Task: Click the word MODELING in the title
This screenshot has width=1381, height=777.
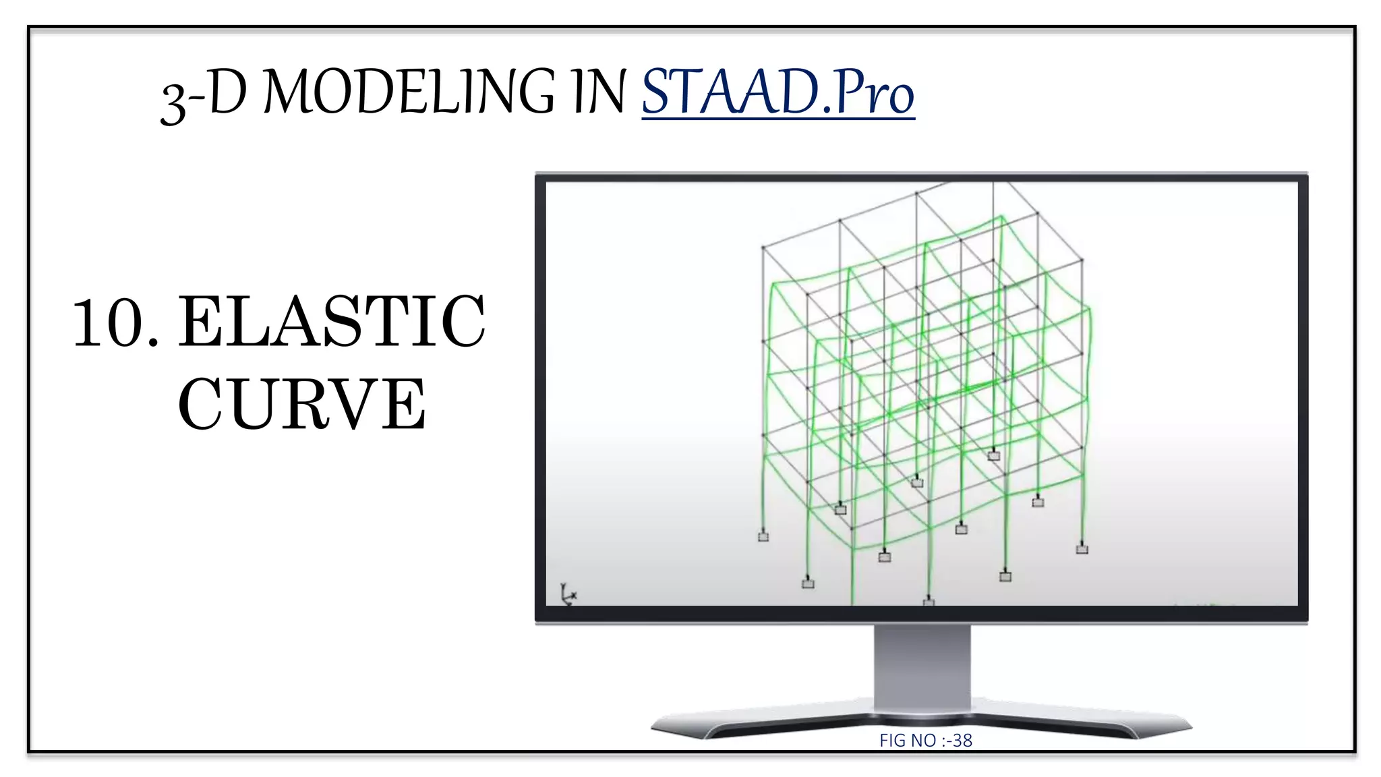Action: [408, 92]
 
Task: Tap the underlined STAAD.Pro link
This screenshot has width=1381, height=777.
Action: [777, 92]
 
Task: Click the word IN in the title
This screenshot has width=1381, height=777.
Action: [599, 92]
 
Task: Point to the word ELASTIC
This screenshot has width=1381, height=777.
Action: [331, 322]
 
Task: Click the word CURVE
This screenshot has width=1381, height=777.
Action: [301, 404]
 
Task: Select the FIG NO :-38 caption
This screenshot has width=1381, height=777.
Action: [925, 741]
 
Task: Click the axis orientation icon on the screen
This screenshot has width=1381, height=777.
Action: [568, 594]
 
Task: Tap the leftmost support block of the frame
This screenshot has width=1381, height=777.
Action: [763, 537]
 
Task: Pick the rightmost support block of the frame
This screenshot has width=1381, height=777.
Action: [1082, 549]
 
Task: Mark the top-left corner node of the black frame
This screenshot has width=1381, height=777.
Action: [763, 248]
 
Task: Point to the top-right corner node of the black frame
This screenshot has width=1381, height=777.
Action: [1082, 260]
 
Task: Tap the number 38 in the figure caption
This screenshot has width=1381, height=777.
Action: [962, 741]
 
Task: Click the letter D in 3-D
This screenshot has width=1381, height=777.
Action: [228, 92]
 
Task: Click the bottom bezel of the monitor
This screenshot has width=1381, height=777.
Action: [921, 614]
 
